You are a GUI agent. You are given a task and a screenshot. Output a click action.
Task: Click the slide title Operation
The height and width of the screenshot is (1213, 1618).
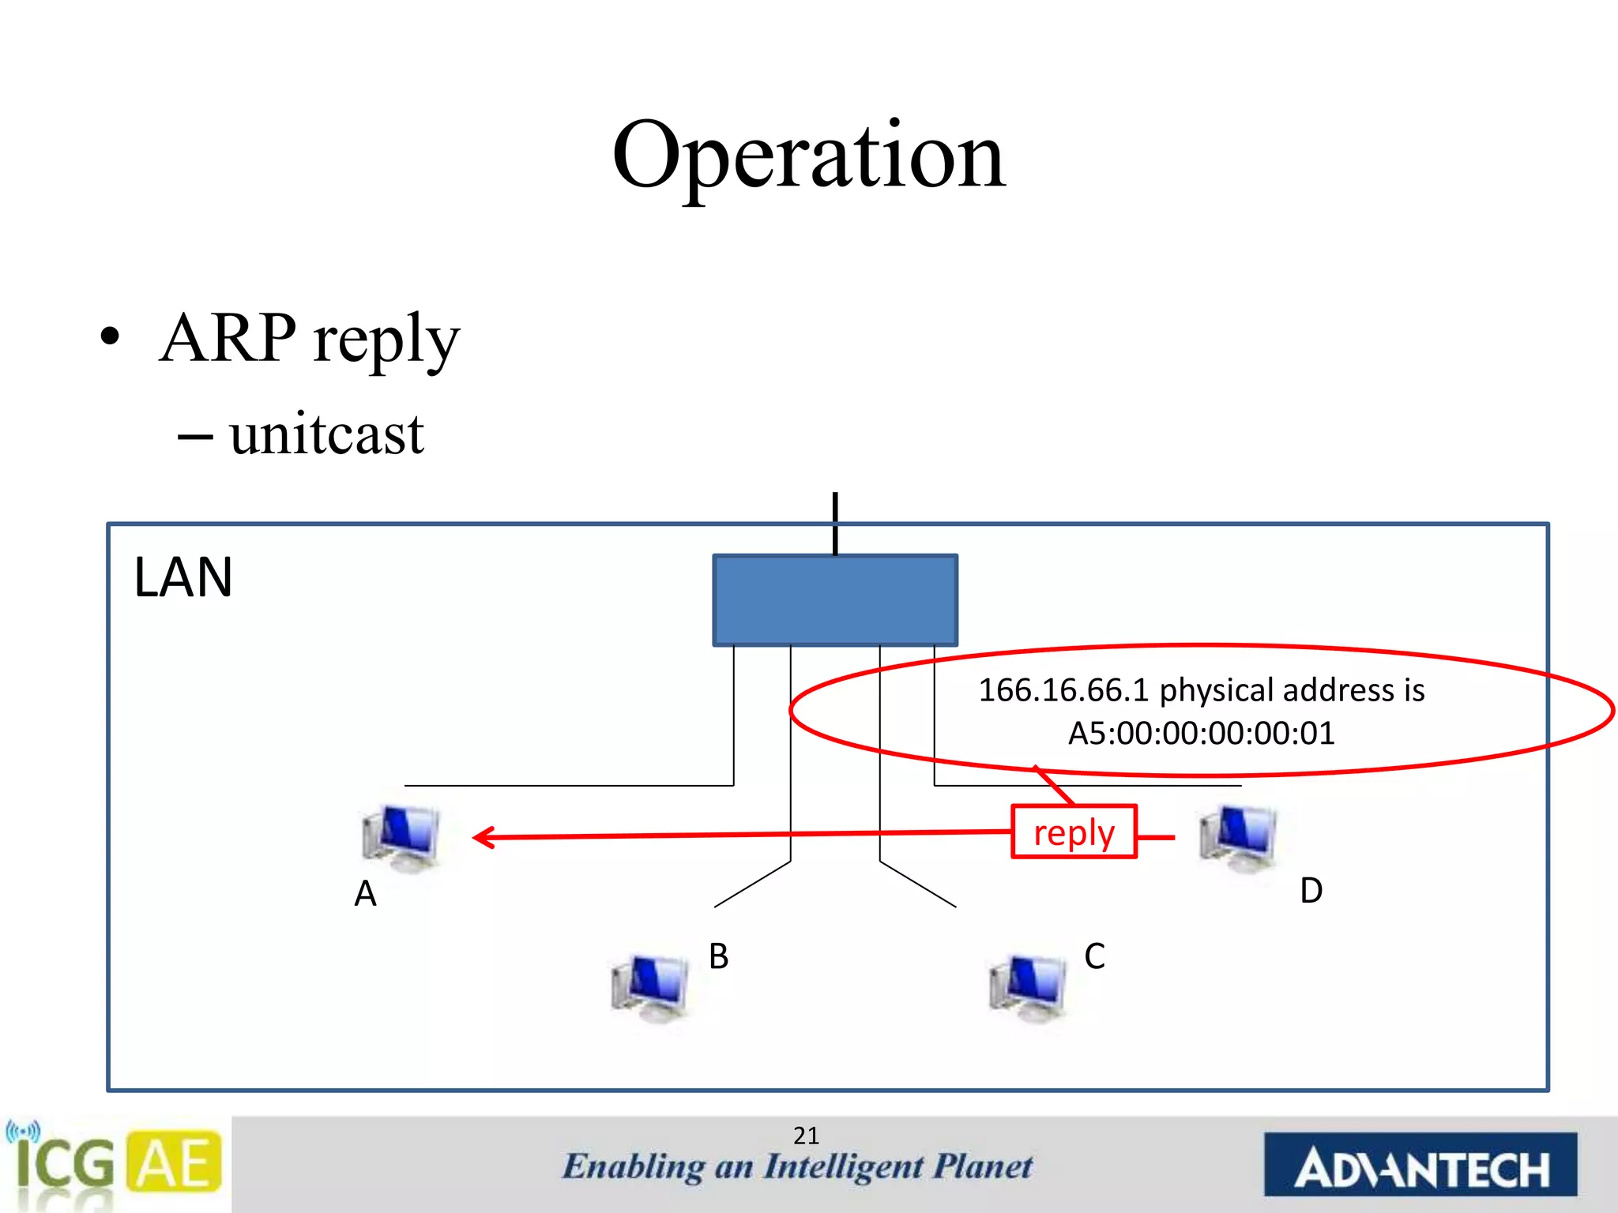click(808, 156)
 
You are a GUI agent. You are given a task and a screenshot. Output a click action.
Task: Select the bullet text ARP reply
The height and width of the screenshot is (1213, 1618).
click(309, 338)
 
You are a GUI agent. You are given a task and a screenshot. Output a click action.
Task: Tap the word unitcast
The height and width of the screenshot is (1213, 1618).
click(326, 434)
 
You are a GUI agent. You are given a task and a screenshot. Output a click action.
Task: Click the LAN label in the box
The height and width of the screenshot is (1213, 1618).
click(183, 577)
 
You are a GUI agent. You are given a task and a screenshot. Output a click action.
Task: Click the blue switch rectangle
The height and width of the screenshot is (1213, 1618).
click(835, 600)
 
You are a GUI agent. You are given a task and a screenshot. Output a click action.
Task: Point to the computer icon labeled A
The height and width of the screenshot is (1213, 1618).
click(401, 837)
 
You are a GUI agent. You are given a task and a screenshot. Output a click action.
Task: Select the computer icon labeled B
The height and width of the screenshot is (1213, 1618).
click(650, 987)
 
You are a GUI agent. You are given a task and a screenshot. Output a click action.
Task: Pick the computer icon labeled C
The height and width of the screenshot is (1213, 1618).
click(1027, 987)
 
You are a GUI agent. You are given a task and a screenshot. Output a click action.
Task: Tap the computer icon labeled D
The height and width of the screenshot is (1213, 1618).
click(1237, 837)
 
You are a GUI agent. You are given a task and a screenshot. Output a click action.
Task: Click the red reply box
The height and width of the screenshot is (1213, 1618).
click(1074, 832)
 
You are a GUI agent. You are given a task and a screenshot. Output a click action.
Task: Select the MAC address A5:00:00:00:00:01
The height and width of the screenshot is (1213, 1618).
click(1201, 734)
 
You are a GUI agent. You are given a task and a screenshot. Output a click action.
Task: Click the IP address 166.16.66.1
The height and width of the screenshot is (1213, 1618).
click(1063, 690)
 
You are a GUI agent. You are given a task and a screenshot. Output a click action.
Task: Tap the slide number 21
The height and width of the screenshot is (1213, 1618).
click(806, 1136)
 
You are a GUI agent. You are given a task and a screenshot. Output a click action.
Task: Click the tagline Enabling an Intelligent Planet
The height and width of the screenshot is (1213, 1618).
click(796, 1167)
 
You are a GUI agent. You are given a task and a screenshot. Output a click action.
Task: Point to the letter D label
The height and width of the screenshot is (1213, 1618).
click(1311, 891)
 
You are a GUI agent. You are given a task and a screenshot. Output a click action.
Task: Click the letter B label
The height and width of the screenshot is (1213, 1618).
click(718, 956)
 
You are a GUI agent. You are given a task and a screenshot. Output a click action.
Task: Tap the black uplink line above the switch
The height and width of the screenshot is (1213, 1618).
click(835, 523)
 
